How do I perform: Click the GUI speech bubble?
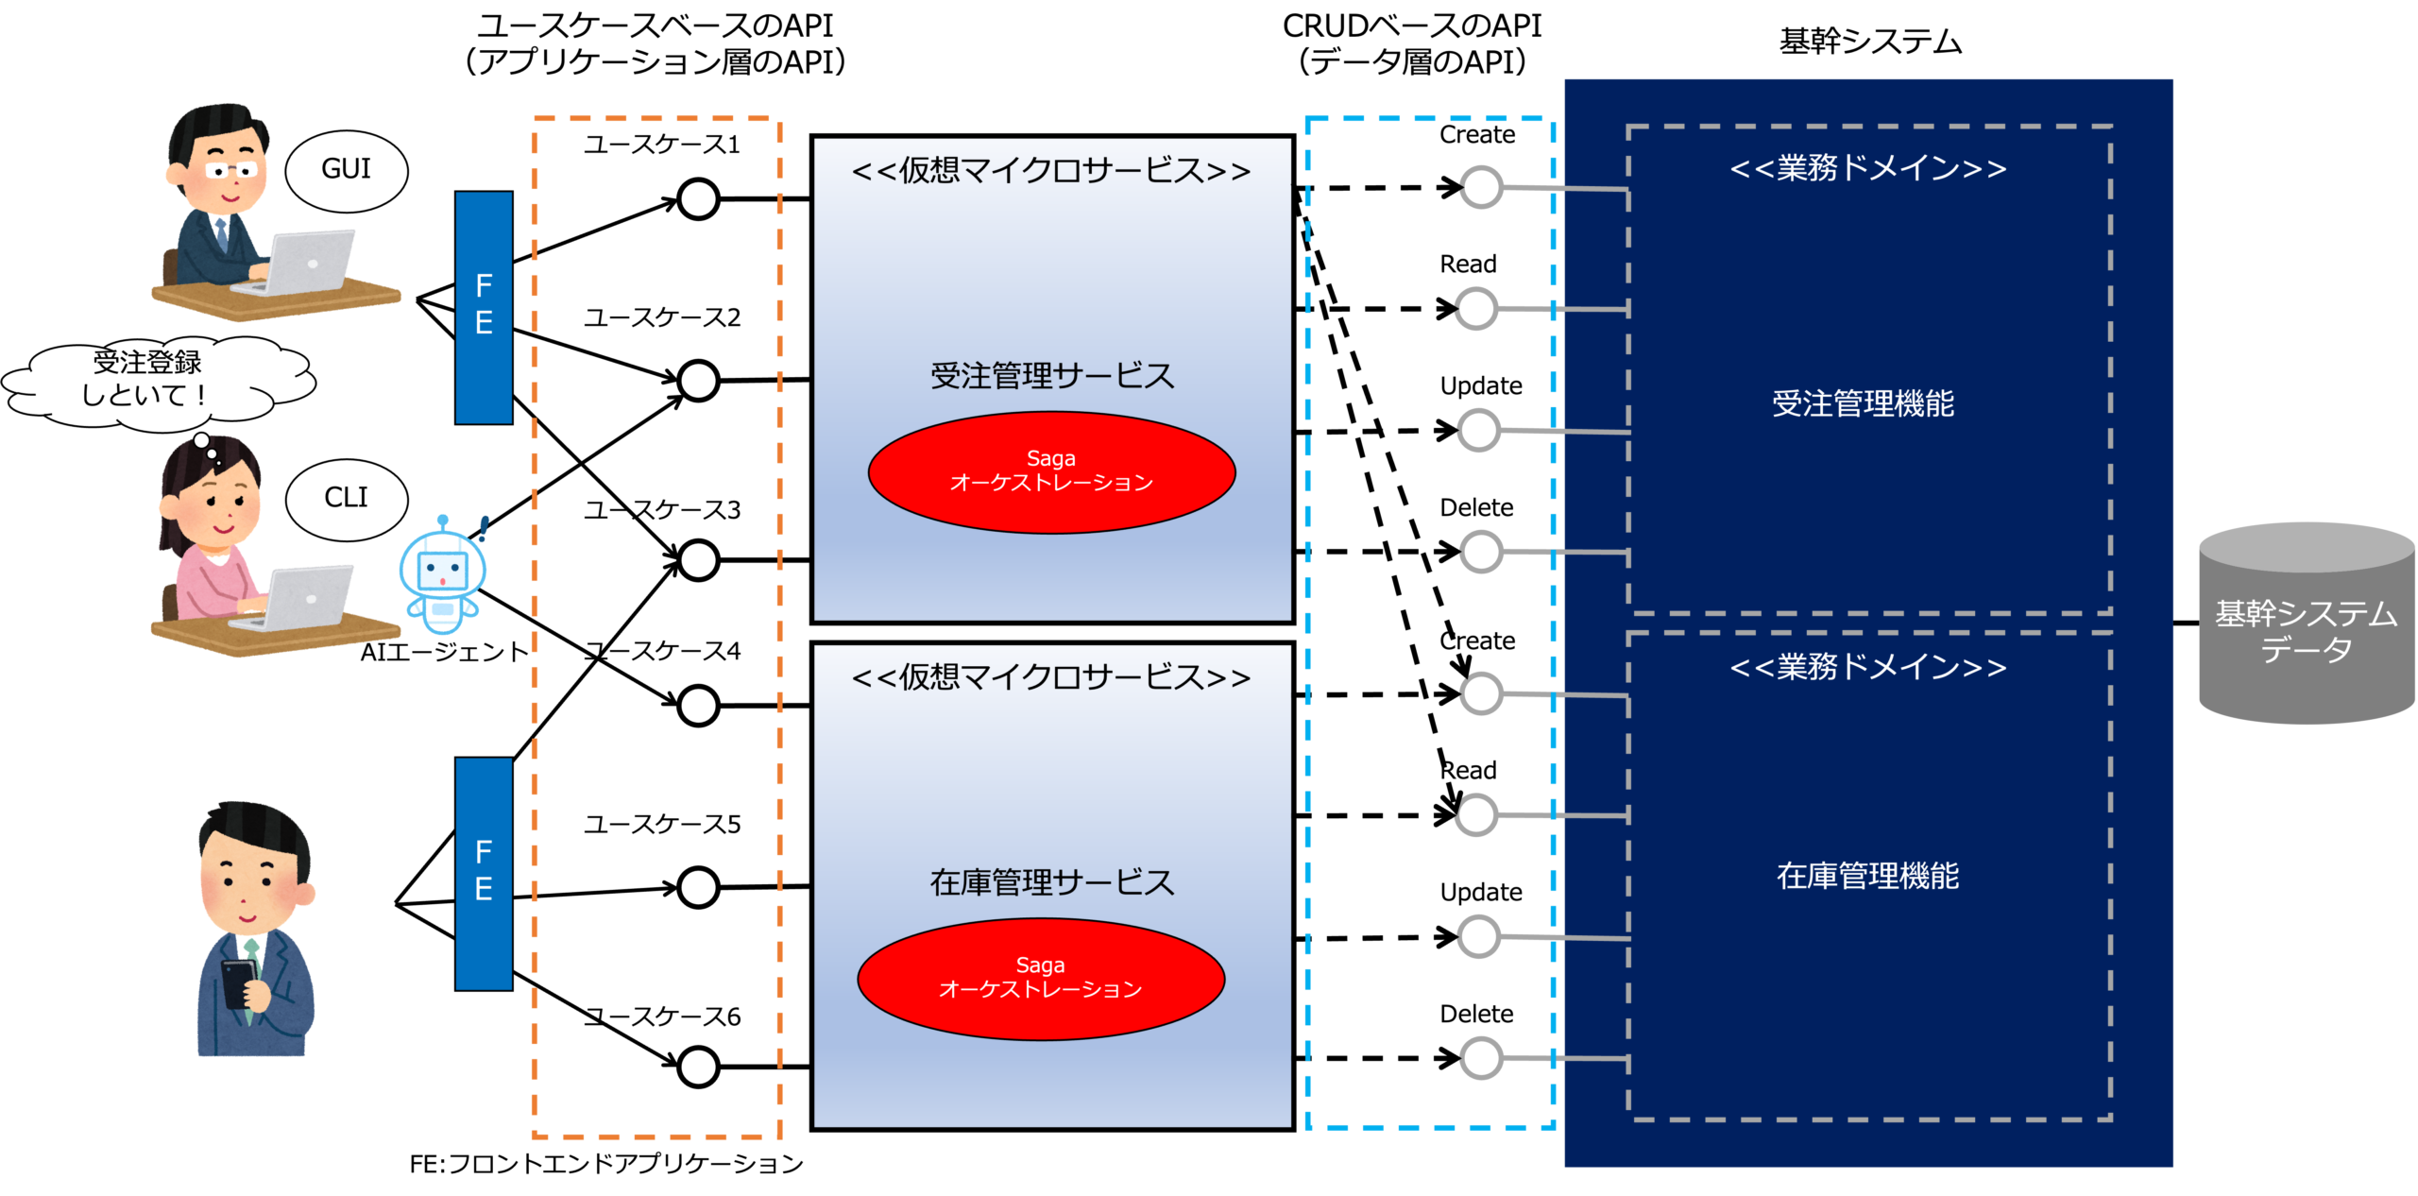click(x=346, y=170)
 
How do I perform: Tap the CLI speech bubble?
click(x=346, y=499)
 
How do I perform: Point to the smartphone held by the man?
click(x=238, y=982)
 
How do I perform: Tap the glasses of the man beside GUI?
click(x=231, y=171)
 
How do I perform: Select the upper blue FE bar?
click(x=484, y=307)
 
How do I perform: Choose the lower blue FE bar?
click(x=484, y=873)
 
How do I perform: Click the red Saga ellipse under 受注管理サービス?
click(x=1051, y=472)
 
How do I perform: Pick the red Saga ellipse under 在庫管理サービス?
click(x=1041, y=979)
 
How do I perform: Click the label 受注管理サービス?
click(x=1052, y=376)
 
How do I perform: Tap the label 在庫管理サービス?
click(x=1052, y=882)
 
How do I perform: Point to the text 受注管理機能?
click(x=1863, y=404)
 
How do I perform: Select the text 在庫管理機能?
click(x=1867, y=877)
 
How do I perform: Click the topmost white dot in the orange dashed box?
click(x=698, y=199)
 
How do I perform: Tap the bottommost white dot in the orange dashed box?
click(x=698, y=1067)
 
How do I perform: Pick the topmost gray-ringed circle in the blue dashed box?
click(x=1480, y=187)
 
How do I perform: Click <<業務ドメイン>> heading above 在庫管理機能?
click(x=1867, y=668)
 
